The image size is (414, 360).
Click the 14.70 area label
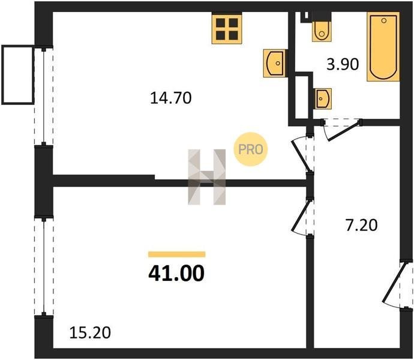tap(170, 98)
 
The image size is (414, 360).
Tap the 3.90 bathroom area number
tap(343, 64)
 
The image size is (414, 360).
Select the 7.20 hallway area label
tap(361, 226)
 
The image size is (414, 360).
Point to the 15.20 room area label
tap(90, 333)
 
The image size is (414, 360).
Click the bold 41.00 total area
tap(176, 274)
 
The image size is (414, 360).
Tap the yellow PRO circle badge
tap(251, 149)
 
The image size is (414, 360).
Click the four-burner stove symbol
tap(227, 28)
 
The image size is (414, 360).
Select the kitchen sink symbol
tap(275, 63)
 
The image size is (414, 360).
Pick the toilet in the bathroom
tap(322, 28)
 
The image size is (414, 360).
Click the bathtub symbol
tap(383, 47)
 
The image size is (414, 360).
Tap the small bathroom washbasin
tap(323, 99)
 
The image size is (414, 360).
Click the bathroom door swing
tap(341, 130)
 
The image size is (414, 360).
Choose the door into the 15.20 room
tap(303, 217)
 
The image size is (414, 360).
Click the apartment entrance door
tap(397, 285)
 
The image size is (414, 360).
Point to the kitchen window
tap(44, 97)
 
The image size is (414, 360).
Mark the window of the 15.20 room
tap(44, 267)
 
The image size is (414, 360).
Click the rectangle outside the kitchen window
tap(17, 75)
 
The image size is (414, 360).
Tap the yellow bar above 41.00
tap(177, 254)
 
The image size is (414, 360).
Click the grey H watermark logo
tap(207, 177)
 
